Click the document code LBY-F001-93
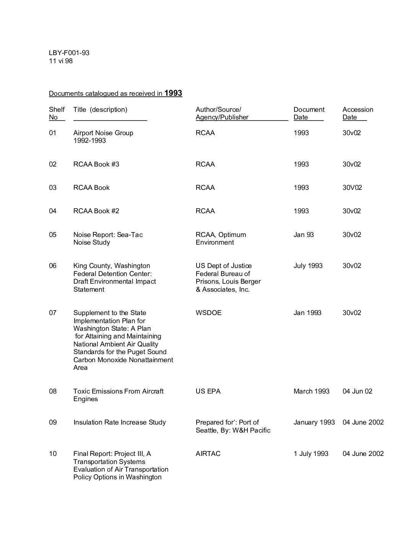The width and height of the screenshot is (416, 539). [69, 53]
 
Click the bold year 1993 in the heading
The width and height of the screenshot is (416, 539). [173, 93]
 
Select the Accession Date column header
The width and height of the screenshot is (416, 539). [357, 113]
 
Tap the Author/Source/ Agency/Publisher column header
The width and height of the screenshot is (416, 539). [222, 113]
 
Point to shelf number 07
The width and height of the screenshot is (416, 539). [52, 313]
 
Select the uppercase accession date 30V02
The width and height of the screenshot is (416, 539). [352, 188]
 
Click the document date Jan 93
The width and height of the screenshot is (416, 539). [303, 235]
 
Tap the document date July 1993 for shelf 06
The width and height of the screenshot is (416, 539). [308, 266]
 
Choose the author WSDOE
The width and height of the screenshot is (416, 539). [208, 313]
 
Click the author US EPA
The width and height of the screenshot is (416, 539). [208, 391]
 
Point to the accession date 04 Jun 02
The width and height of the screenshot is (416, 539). [357, 391]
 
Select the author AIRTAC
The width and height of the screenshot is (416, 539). [208, 454]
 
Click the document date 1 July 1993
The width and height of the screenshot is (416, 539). [311, 454]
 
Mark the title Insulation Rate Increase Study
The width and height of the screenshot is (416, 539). [119, 422]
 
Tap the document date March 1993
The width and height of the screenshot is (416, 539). [311, 391]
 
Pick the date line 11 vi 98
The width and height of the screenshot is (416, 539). [60, 61]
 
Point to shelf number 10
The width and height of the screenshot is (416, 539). [52, 454]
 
